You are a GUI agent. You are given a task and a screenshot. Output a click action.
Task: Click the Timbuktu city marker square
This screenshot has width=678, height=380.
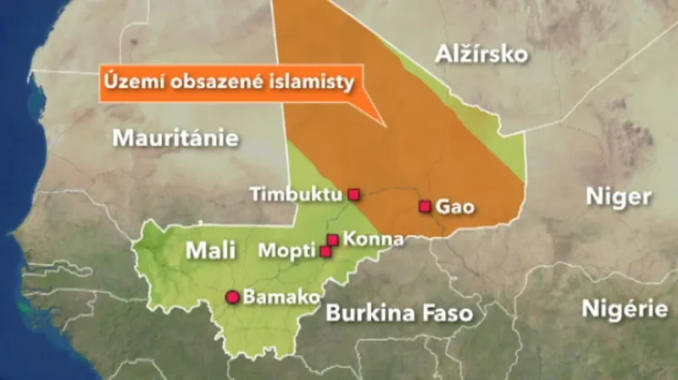click(354, 195)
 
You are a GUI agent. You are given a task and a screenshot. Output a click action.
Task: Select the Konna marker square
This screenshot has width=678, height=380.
click(333, 240)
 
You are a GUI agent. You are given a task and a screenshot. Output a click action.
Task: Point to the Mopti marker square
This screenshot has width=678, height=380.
click(325, 251)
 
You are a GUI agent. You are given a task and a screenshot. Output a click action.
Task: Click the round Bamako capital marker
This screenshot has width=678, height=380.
click(231, 297)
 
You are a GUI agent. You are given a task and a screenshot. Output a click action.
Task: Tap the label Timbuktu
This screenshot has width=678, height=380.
click(296, 195)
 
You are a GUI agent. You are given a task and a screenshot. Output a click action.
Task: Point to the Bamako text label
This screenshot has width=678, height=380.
click(281, 297)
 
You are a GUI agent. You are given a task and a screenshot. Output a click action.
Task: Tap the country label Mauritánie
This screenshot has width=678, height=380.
click(175, 138)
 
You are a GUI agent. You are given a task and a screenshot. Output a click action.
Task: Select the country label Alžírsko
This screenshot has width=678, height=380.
click(481, 55)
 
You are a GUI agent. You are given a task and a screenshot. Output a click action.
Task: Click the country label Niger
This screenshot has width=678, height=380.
click(619, 197)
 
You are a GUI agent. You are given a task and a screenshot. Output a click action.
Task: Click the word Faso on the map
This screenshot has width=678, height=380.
click(443, 314)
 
